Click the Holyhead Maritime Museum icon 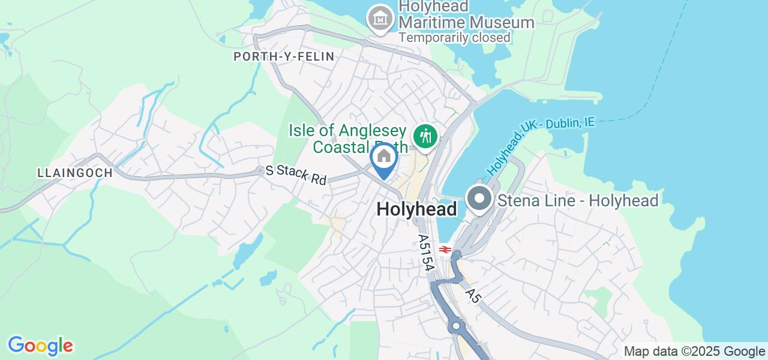point(380,19)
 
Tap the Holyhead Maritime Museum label point(466,15)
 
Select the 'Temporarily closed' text point(454,37)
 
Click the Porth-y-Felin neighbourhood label point(284,56)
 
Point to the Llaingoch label point(75,173)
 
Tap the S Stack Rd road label point(296,175)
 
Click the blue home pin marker point(384,159)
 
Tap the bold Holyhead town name point(417,209)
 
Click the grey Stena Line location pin point(479,199)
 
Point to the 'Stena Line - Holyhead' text point(577,200)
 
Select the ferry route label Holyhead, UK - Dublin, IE point(540,146)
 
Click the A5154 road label point(425,253)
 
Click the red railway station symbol point(445,248)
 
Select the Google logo point(40,346)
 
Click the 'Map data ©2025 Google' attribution point(694,352)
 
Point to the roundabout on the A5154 point(456,327)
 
